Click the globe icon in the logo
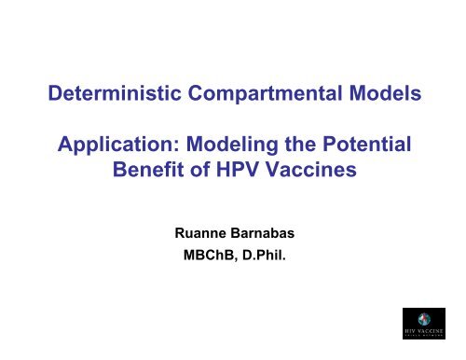tap(430, 314)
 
